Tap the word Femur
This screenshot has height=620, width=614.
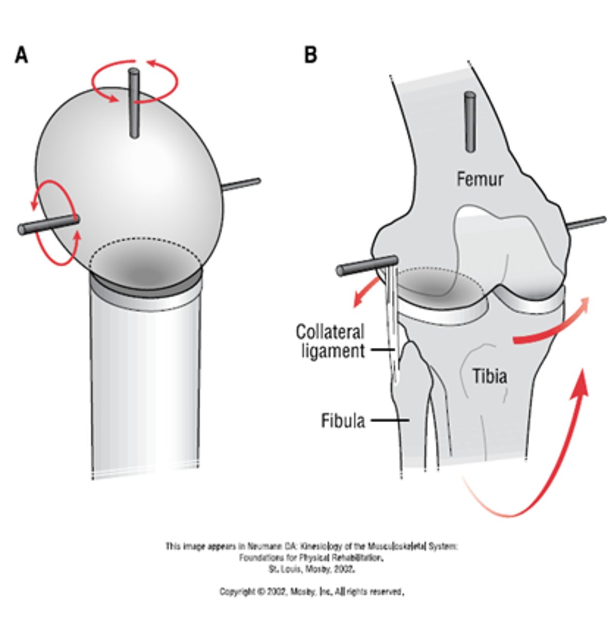[x=480, y=179]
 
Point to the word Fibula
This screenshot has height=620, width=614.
[x=343, y=421]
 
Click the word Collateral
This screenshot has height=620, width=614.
[x=330, y=331]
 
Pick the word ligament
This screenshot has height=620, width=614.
[x=330, y=351]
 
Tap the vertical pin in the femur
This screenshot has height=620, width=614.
[x=470, y=122]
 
